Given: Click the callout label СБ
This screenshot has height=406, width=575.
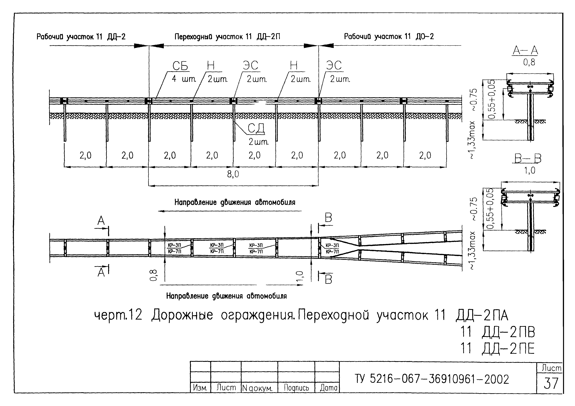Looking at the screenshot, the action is tap(180, 66).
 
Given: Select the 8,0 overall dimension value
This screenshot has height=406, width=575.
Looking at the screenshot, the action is tap(233, 174).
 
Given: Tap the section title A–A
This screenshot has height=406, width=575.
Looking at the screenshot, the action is tap(525, 51).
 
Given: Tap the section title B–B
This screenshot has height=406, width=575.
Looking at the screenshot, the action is tap(528, 158).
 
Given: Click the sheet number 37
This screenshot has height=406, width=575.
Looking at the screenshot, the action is tap(551, 383).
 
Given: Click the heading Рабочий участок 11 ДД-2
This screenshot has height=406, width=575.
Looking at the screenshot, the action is tap(81, 37).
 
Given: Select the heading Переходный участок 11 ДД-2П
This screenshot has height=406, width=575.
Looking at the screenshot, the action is tap(227, 37).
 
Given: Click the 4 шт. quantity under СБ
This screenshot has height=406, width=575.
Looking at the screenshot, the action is tap(184, 79).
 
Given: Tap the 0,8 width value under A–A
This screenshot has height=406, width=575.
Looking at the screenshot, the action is tap(529, 62).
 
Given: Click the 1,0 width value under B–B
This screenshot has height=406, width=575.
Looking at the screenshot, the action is tap(529, 171).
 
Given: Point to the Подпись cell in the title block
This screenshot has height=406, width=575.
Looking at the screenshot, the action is tap(296, 388).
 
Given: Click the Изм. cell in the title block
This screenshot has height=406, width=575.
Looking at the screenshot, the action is tap(200, 388).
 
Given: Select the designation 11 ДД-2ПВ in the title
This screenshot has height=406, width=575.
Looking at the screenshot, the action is tap(498, 332).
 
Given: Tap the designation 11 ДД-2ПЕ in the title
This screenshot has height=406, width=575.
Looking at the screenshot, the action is tap(498, 349).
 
